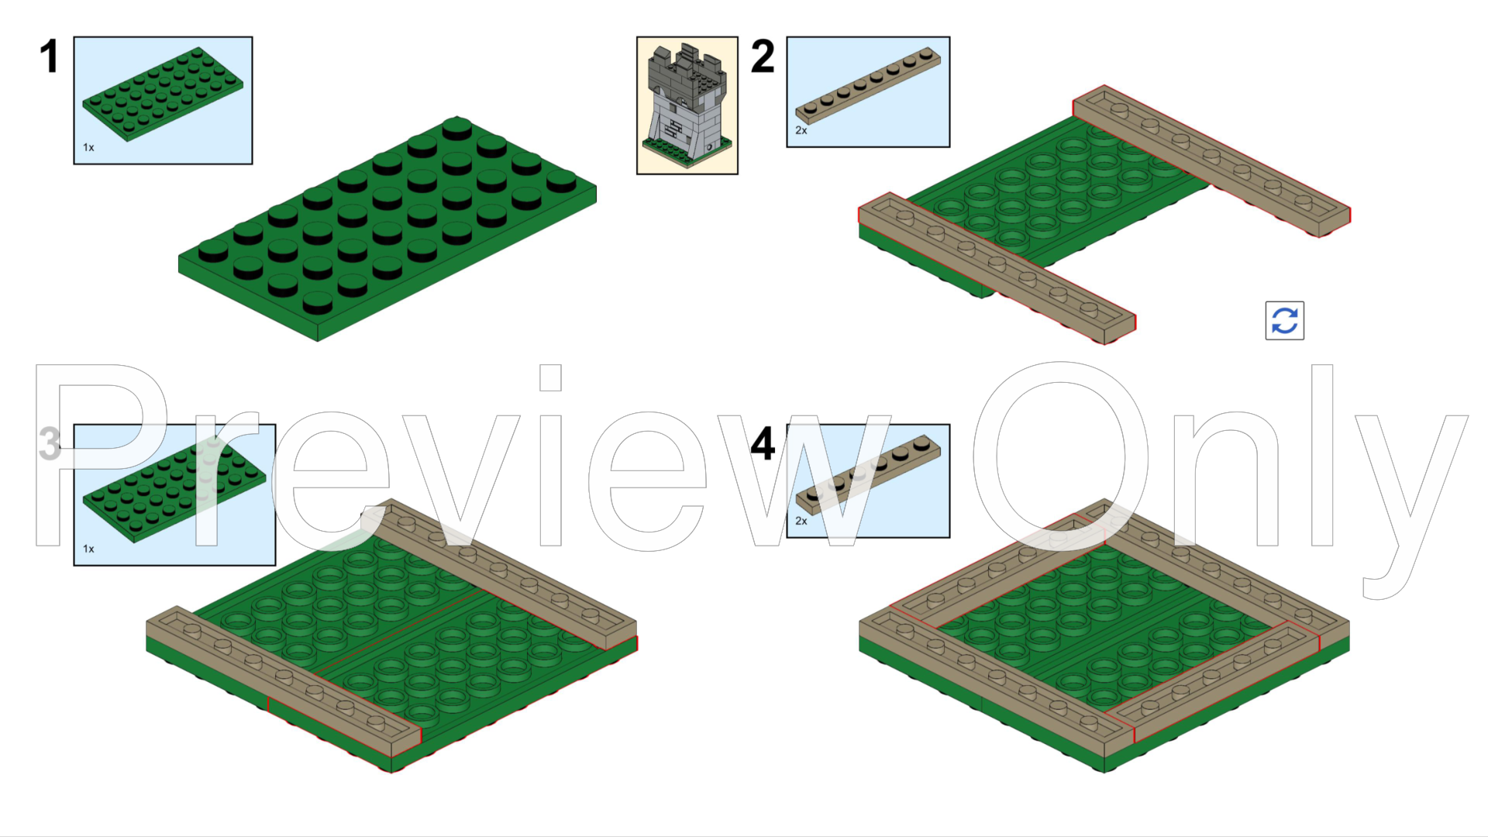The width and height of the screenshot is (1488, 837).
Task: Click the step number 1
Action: (49, 57)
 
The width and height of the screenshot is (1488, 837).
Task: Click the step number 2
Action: (763, 57)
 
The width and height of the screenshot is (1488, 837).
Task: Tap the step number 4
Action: (763, 444)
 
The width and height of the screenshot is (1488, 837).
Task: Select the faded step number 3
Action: (50, 444)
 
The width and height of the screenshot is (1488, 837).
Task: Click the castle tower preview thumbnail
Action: (687, 105)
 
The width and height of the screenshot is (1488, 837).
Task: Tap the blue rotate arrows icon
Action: (1284, 320)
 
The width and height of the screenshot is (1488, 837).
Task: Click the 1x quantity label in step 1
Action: (88, 147)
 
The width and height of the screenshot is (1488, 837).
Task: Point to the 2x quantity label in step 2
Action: (801, 130)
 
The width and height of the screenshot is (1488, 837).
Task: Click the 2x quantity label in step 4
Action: (801, 521)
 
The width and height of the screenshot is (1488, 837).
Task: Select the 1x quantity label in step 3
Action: (88, 549)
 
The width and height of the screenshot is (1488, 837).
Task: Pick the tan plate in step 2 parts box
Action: (868, 85)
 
